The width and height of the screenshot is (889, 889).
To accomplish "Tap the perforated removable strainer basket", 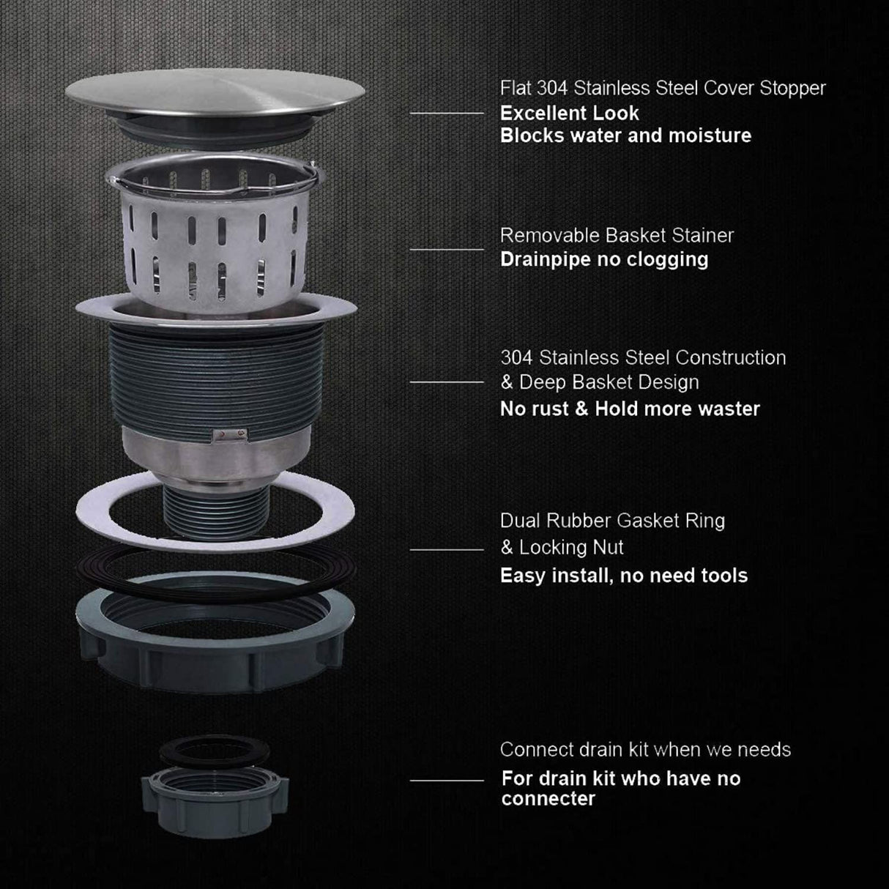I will [213, 234].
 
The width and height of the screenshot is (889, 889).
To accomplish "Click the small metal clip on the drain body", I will [225, 437].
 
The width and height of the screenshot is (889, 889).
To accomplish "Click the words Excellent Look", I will [569, 114].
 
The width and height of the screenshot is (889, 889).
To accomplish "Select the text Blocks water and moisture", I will [625, 135].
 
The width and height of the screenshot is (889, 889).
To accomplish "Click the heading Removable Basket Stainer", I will [616, 236].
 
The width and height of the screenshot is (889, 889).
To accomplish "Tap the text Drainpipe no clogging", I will [603, 259].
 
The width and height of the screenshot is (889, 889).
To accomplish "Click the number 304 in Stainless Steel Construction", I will [517, 358].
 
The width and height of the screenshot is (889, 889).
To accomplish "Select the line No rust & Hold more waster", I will [630, 409].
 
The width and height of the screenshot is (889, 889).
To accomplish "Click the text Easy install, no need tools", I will [623, 576].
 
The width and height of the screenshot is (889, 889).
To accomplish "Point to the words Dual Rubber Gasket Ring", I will [612, 521].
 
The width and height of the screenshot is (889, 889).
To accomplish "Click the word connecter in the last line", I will [548, 799].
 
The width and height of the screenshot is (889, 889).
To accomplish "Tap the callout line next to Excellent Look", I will [447, 114].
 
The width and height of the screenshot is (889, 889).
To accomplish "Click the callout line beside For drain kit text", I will [447, 781].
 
